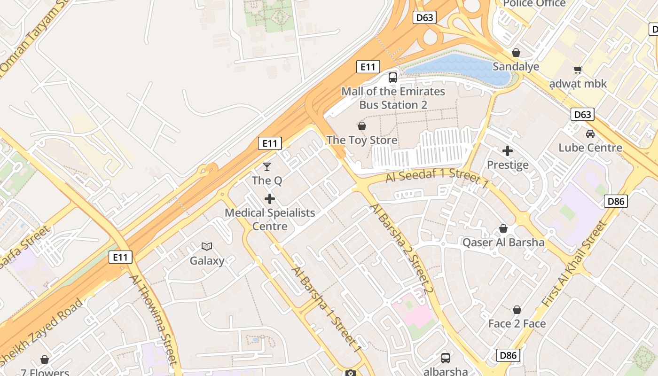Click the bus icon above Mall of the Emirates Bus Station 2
tap(392, 78)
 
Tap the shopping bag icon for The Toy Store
tap(362, 126)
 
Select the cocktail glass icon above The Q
tap(267, 166)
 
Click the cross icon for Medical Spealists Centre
tap(270, 199)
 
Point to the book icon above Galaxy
tap(207, 246)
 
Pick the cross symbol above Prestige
tap(508, 151)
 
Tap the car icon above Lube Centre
tap(590, 134)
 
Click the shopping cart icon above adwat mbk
tap(578, 70)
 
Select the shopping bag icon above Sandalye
tap(516, 53)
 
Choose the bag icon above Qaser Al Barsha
tap(503, 228)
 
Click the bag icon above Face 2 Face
tap(517, 310)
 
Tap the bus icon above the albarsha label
tap(445, 358)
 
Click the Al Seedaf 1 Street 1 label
tap(437, 178)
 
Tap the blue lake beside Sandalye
tap(458, 68)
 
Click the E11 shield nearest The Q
tap(270, 143)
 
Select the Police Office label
tap(534, 4)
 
